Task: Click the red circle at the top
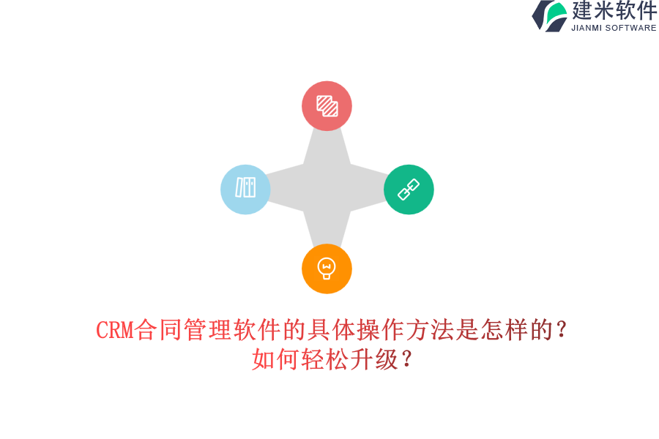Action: click(x=327, y=106)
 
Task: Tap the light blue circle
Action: click(x=245, y=189)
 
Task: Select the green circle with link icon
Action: click(x=409, y=189)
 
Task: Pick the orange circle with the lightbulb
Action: click(x=327, y=269)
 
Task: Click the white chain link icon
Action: click(x=408, y=190)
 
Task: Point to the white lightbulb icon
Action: click(x=327, y=268)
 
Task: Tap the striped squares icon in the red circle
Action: click(x=327, y=106)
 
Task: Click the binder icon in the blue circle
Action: click(x=245, y=187)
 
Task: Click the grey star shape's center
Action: click(x=327, y=188)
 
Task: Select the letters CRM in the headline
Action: click(x=115, y=331)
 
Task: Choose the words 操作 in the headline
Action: click(x=381, y=331)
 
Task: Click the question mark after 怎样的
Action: click(x=562, y=331)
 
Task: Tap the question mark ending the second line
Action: click(x=407, y=359)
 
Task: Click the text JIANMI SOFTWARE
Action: click(x=614, y=28)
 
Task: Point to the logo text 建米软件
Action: click(x=614, y=11)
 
